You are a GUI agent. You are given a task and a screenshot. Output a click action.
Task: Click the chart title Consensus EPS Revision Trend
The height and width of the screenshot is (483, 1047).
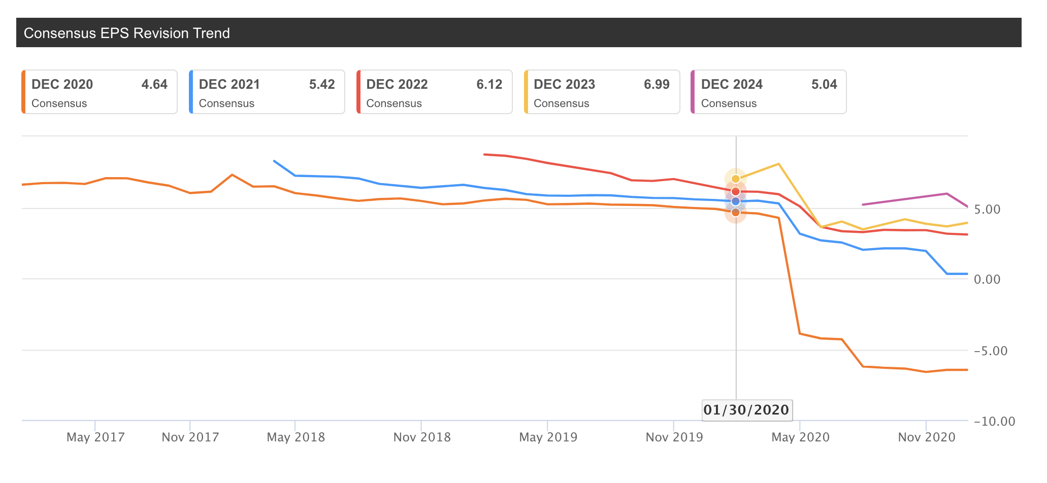pyautogui.click(x=126, y=33)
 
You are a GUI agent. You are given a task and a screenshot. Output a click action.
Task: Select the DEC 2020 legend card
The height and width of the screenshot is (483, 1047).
pyautogui.click(x=100, y=92)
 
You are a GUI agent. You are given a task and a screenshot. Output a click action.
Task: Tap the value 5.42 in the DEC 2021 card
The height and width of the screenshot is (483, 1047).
pyautogui.click(x=322, y=84)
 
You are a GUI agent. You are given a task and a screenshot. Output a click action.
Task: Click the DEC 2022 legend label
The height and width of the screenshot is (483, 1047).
pyautogui.click(x=397, y=84)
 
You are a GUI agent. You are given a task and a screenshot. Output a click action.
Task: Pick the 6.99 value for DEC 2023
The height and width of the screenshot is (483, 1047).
pyautogui.click(x=657, y=84)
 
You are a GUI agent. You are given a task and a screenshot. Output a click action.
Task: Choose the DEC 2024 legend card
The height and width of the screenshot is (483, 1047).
pyautogui.click(x=769, y=92)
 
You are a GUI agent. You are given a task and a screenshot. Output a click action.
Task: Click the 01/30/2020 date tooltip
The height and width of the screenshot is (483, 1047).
pyautogui.click(x=746, y=410)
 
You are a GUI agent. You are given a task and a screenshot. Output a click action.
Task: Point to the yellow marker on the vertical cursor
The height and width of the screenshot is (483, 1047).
pyautogui.click(x=735, y=179)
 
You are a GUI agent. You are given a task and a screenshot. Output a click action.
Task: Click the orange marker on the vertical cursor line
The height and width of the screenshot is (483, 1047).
pyautogui.click(x=735, y=212)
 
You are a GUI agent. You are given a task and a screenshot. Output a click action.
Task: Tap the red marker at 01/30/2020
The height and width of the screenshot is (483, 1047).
pyautogui.click(x=735, y=191)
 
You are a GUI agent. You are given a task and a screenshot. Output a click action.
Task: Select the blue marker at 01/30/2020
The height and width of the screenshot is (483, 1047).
pyautogui.click(x=735, y=201)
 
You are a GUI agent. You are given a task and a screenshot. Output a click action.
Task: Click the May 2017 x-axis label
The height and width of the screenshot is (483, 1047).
pyautogui.click(x=95, y=437)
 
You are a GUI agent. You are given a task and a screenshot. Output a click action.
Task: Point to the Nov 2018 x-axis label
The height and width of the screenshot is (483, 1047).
pyautogui.click(x=422, y=437)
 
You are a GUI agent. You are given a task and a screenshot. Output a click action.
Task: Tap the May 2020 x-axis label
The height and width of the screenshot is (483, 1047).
pyautogui.click(x=800, y=437)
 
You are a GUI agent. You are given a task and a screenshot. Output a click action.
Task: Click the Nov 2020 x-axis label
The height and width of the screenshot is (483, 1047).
pyautogui.click(x=927, y=437)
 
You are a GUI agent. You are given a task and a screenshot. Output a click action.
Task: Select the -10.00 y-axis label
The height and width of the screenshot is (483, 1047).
pyautogui.click(x=994, y=422)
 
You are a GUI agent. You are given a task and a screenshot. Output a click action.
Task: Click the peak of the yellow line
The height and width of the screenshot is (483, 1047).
pyautogui.click(x=778, y=164)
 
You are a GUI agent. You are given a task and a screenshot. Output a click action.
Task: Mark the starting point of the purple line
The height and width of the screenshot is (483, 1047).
pyautogui.click(x=863, y=204)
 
